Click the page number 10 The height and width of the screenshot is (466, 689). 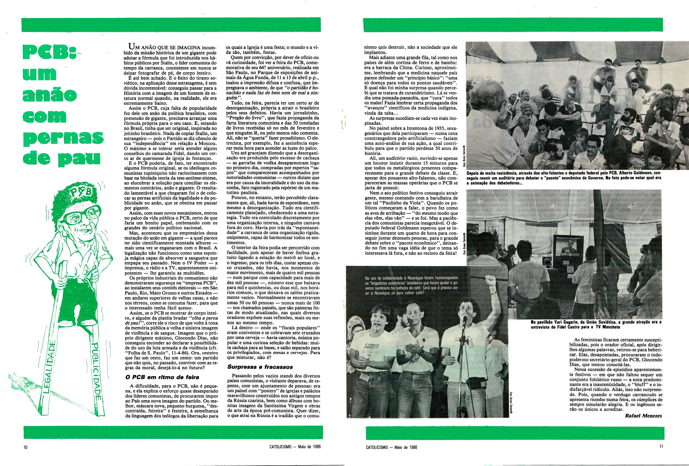[x=25, y=447]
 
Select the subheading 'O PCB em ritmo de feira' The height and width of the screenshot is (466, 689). [x=155, y=377]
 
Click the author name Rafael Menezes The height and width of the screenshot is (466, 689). [x=643, y=416]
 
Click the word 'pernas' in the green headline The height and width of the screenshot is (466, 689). [x=63, y=137]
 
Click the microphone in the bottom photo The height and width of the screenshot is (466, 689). [x=464, y=319]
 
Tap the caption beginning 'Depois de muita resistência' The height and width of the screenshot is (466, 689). [x=563, y=178]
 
